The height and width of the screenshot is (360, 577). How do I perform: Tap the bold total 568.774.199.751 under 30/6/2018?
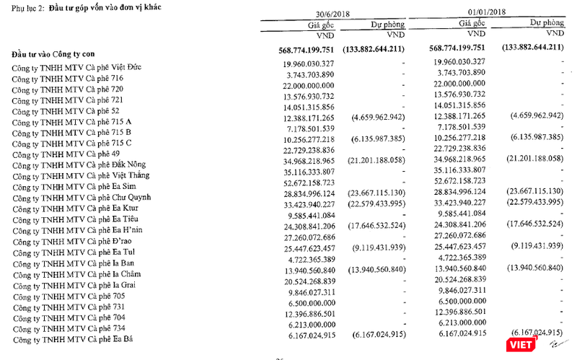314,49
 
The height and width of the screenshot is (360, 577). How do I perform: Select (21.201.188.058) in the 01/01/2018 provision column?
529,158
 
